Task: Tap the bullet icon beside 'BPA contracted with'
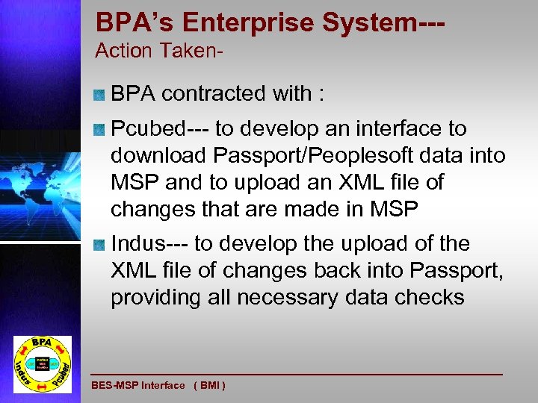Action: click(x=99, y=95)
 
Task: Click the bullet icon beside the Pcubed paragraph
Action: click(x=99, y=129)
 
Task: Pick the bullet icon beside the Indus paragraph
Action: click(x=99, y=245)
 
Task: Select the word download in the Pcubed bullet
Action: click(x=158, y=157)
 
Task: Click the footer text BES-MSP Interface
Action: click(x=137, y=385)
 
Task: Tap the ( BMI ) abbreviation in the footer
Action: click(x=209, y=385)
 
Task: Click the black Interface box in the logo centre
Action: click(x=43, y=363)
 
